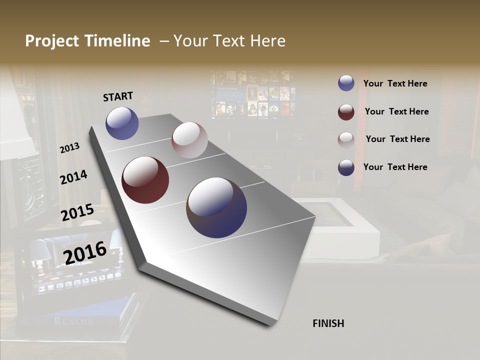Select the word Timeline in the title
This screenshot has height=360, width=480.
pos(119,41)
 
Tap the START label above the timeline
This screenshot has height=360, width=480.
pos(118,96)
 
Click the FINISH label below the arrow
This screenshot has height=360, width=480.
pos(328,323)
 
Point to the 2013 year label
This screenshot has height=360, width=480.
pos(69,148)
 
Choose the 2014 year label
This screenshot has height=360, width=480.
pos(73,177)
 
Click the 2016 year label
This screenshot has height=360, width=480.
pos(84,252)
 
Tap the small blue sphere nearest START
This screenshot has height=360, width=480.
pos(122,123)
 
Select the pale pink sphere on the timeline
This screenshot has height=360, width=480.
pos(189,140)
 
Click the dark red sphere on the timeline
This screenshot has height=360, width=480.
pos(145,180)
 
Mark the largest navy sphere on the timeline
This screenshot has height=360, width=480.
pos(216,207)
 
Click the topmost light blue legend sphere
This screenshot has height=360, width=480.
pos(346,83)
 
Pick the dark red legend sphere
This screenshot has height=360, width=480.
pos(346,112)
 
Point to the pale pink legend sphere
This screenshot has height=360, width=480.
pos(346,139)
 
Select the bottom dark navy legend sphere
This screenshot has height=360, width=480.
pos(346,167)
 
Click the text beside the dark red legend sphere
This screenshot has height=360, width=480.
pos(396,111)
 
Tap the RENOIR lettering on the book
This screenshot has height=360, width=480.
pos(73,321)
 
